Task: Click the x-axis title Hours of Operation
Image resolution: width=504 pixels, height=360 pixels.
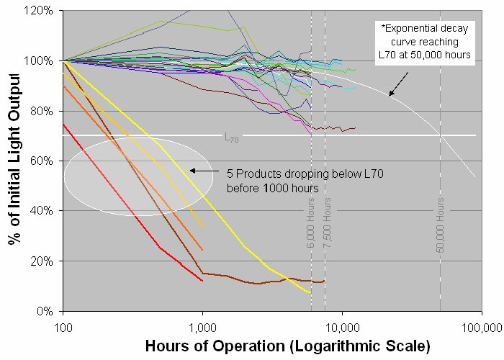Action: point(287,346)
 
